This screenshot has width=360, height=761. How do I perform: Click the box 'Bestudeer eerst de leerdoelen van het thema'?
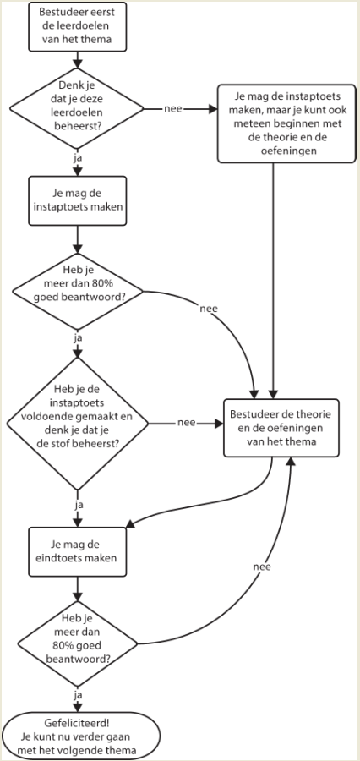pos(78,26)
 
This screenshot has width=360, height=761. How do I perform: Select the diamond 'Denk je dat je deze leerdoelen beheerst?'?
pos(77,109)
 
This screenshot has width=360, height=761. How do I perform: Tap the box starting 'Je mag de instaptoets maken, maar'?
pos(286,123)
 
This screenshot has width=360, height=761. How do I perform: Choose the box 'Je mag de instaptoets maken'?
pos(78,200)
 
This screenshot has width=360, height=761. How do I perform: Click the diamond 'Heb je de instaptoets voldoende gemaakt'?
pos(77,424)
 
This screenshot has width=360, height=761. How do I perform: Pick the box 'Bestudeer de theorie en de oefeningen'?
pos(281,428)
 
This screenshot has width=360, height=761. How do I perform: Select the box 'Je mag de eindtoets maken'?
pos(78,551)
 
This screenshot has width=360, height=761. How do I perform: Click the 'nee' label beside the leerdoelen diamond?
pos(173,109)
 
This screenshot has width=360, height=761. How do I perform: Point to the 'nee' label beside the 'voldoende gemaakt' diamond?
pos(187,423)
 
